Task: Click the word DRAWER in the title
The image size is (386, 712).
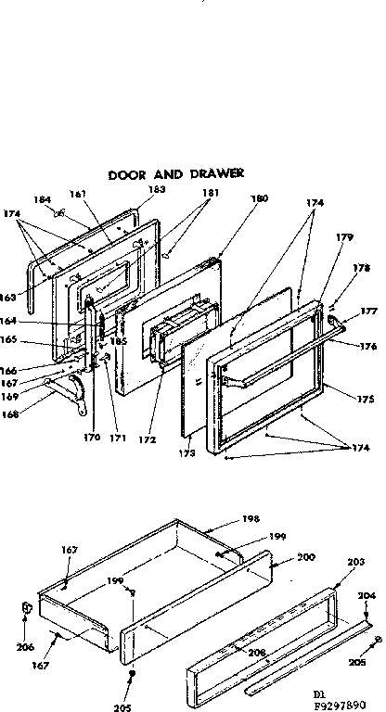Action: coord(214,173)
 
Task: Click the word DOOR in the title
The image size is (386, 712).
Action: coord(127,173)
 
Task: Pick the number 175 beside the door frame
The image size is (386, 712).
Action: coord(365,400)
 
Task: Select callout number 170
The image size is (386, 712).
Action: coord(91,436)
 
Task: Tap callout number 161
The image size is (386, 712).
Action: coord(77,194)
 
